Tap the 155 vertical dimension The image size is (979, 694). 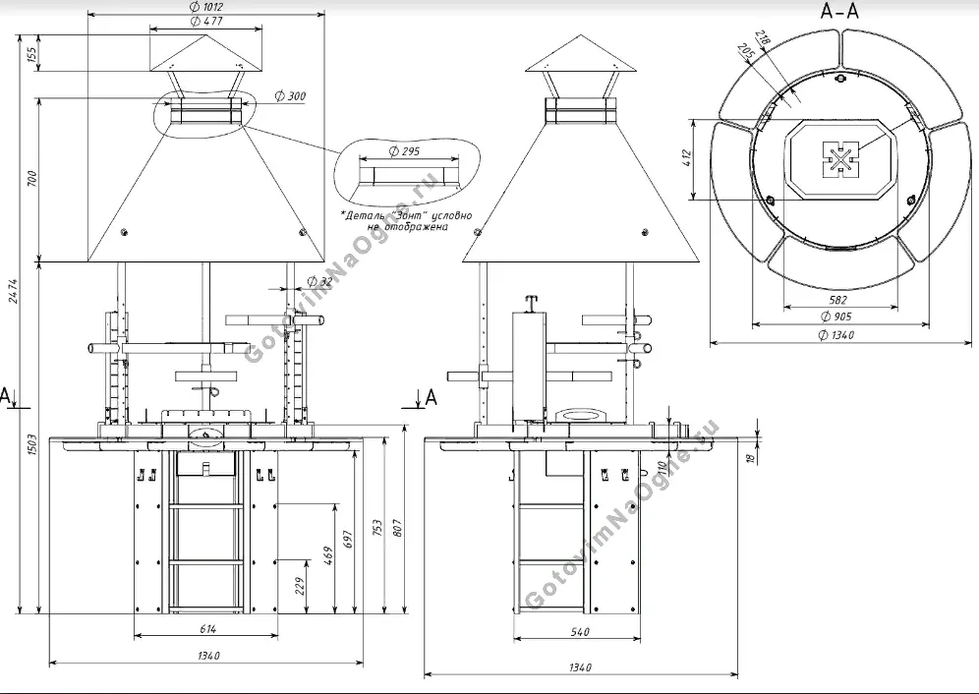tap(32, 55)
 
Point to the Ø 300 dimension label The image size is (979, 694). tap(290, 96)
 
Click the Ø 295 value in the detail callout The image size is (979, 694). tap(405, 151)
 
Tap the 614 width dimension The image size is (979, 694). tap(208, 629)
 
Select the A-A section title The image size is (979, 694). tap(840, 11)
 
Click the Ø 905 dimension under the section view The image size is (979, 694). tap(836, 316)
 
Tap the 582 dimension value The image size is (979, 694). tap(836, 300)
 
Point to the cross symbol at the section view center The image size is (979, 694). tap(840, 159)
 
